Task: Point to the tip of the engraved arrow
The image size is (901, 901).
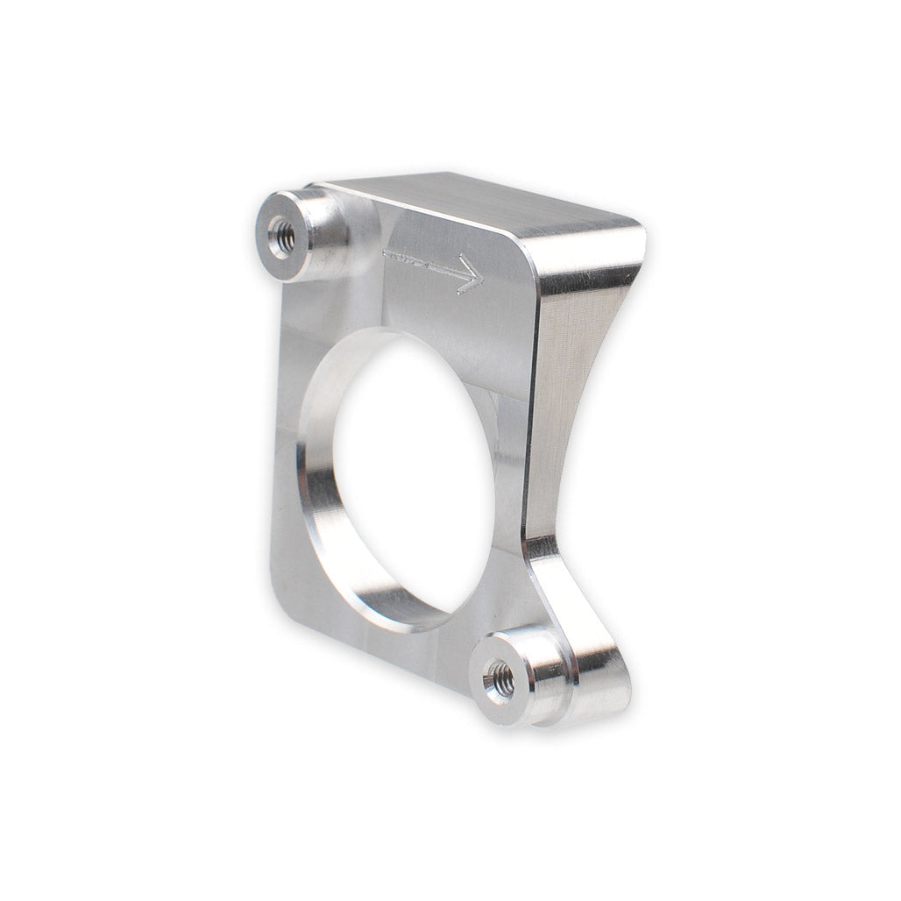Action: tap(481, 280)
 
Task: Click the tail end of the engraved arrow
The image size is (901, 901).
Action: tap(386, 254)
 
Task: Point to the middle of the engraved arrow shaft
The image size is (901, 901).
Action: tap(429, 263)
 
